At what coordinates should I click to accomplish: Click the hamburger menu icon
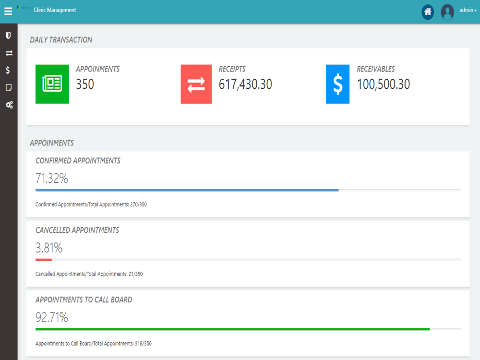(x=8, y=12)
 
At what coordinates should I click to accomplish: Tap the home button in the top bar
(x=428, y=12)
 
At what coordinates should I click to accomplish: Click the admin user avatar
(x=447, y=12)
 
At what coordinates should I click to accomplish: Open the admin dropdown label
(x=468, y=10)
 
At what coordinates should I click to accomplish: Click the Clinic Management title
(x=55, y=10)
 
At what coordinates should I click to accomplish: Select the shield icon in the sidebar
(x=8, y=36)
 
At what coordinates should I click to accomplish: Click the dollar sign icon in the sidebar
(x=8, y=71)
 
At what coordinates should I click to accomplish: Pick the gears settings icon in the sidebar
(x=9, y=105)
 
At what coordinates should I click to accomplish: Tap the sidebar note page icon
(x=9, y=87)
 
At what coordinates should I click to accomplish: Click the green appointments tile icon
(x=52, y=84)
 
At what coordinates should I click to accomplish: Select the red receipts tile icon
(x=196, y=84)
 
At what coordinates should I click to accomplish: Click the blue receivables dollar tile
(x=337, y=84)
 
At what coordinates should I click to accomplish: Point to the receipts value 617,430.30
(x=245, y=84)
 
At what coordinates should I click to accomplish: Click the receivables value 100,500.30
(x=383, y=84)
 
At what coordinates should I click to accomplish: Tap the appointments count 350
(x=85, y=84)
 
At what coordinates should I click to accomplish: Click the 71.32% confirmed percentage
(x=52, y=178)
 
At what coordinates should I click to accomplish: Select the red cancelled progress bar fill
(x=44, y=260)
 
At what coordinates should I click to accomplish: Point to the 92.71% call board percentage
(x=52, y=317)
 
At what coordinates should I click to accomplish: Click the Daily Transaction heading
(x=61, y=40)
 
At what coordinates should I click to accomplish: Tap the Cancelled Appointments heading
(x=77, y=230)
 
